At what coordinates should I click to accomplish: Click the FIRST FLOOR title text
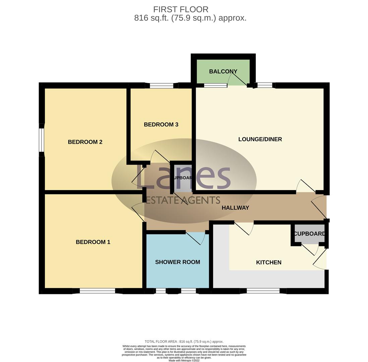click(x=181, y=9)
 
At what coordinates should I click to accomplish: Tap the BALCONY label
click(x=223, y=71)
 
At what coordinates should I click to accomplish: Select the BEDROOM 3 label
click(x=161, y=124)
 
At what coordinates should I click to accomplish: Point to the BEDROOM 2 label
click(x=85, y=142)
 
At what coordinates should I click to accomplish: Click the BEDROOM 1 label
click(x=93, y=242)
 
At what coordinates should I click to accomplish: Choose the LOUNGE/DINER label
click(x=260, y=139)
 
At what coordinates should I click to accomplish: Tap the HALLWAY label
click(x=235, y=208)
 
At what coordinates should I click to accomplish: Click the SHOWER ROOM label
click(x=177, y=262)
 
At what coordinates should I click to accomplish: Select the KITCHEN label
click(x=268, y=262)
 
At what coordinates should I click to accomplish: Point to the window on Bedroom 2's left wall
click(x=42, y=140)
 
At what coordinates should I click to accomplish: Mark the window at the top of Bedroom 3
click(x=161, y=86)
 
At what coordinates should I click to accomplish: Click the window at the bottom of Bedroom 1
click(x=97, y=291)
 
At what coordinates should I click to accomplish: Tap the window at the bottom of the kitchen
click(x=263, y=291)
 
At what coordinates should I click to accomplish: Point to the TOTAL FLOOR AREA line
click(x=184, y=342)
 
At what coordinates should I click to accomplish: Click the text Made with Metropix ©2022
click(x=184, y=361)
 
